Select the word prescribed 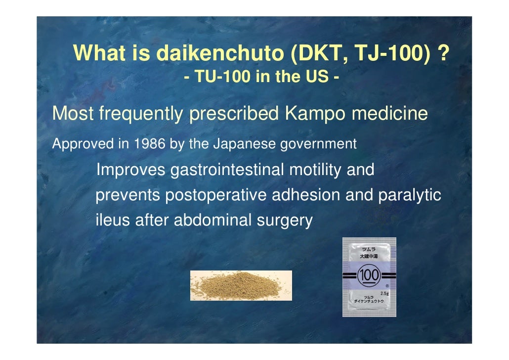[234, 114]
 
